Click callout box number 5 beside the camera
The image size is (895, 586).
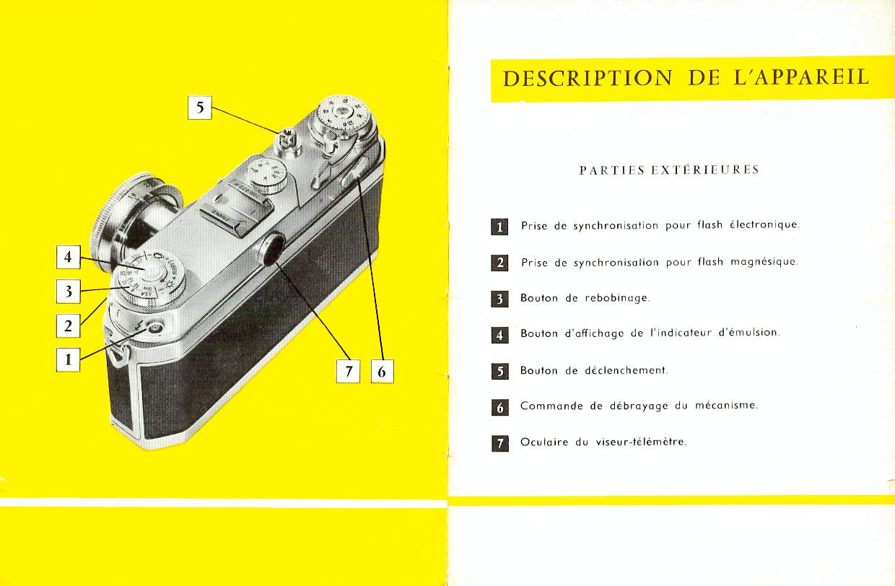coord(200,107)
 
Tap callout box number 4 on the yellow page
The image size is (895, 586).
coord(69,257)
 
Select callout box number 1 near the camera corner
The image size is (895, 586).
coord(68,360)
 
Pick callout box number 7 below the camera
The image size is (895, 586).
coord(348,371)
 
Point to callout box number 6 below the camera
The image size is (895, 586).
coord(383,371)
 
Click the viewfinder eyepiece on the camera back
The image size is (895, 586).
coord(273,250)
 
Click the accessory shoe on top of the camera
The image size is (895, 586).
coord(236,208)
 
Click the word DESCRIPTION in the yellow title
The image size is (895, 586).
coord(588,78)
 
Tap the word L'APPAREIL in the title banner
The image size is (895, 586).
coord(802,77)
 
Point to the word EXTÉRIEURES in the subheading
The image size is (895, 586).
coord(705,170)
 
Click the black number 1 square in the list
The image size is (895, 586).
coord(499,227)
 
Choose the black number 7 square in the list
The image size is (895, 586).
coord(500,443)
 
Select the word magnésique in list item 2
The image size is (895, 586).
coord(764,262)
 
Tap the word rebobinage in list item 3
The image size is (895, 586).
coord(617,298)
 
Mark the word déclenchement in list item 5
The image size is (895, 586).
coord(626,370)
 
